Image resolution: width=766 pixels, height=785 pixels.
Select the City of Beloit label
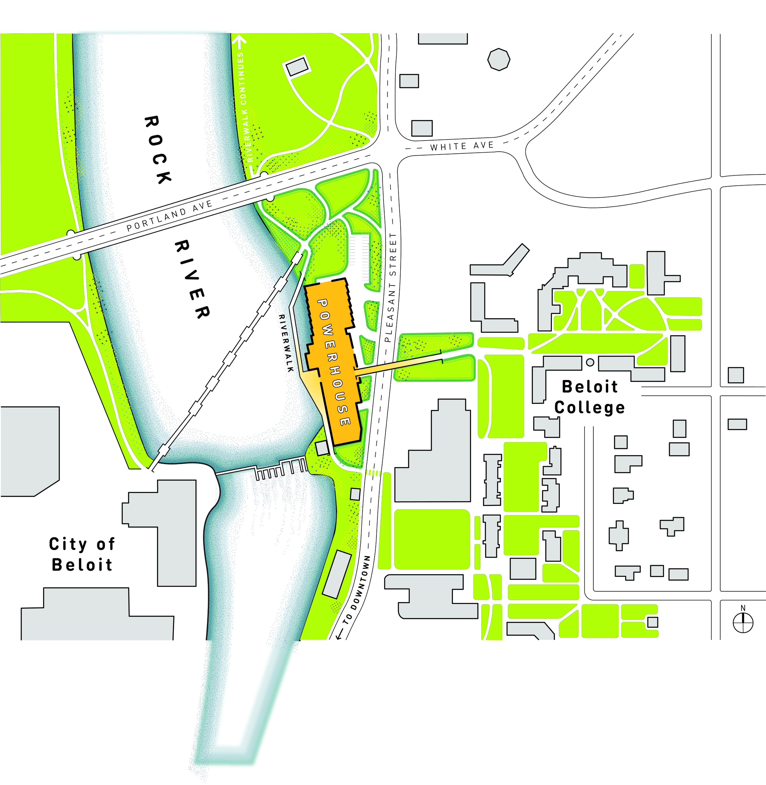[x=82, y=554]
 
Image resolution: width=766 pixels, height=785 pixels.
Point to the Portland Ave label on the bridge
[x=169, y=216]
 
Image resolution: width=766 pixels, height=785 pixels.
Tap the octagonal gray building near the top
[x=499, y=60]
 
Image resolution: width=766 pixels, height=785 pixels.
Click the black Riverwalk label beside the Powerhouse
[x=286, y=343]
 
